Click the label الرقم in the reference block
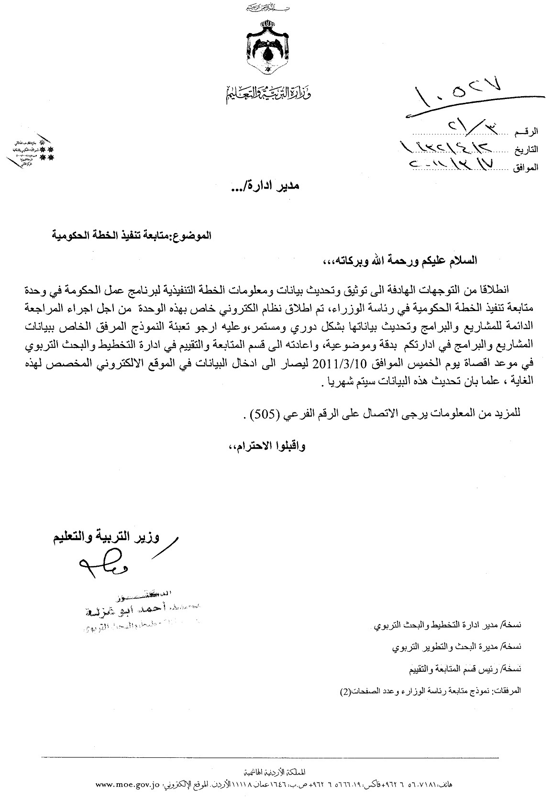(527, 131)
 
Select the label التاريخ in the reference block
(526, 149)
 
